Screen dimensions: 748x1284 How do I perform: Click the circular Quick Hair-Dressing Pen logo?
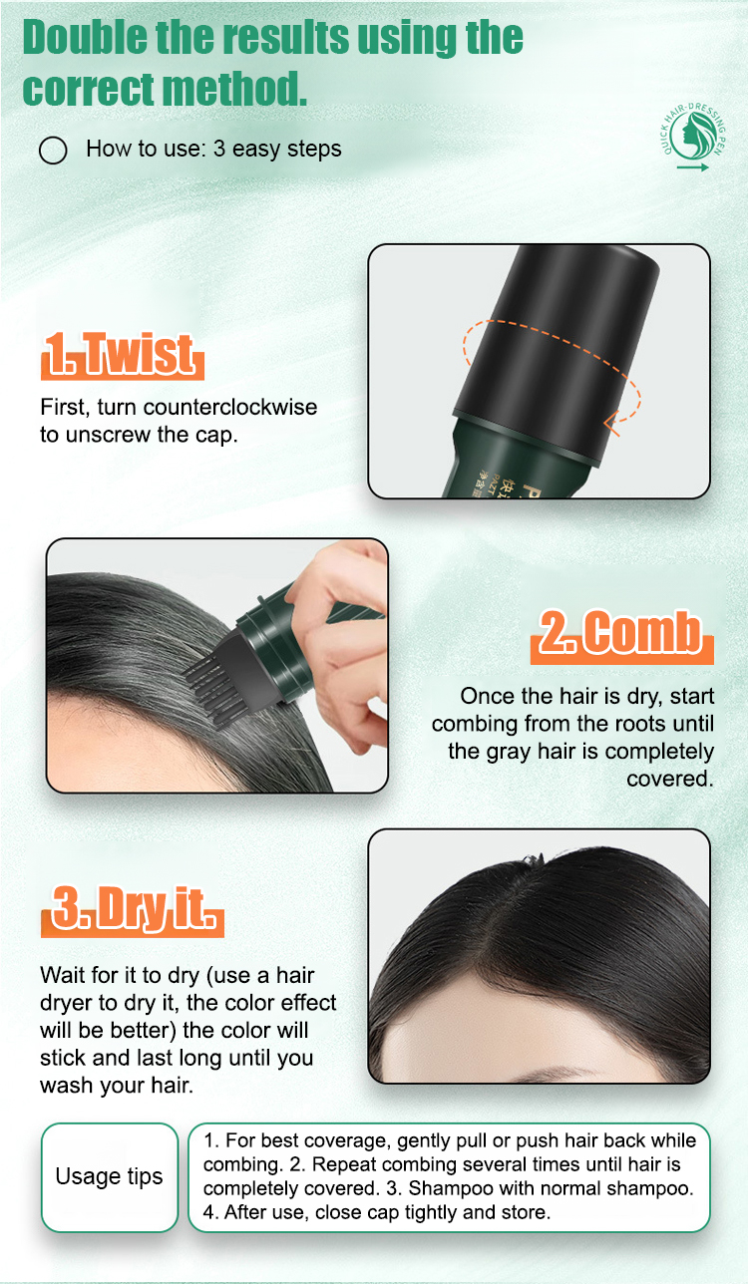click(x=692, y=136)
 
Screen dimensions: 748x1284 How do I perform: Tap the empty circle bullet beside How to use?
click(x=53, y=151)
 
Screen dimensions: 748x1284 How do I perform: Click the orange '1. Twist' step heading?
click(x=123, y=354)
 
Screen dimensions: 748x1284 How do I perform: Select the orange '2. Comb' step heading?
click(x=621, y=634)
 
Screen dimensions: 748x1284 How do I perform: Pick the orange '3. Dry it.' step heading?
click(x=132, y=910)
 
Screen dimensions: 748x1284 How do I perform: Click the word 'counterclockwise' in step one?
click(x=230, y=407)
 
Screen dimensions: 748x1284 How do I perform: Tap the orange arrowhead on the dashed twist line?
click(x=611, y=423)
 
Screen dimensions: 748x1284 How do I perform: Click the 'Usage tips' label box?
click(x=110, y=1176)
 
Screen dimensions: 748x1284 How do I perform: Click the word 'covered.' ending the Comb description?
click(x=670, y=779)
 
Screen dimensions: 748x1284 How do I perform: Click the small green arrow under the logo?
click(x=692, y=167)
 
